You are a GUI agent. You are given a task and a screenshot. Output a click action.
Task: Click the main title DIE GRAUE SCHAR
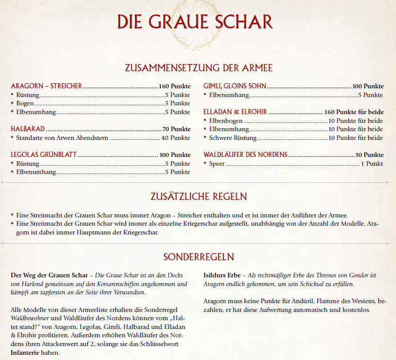194,22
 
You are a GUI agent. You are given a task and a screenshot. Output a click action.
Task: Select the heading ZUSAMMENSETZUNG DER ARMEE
199,68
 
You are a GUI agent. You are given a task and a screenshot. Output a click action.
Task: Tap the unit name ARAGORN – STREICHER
46,86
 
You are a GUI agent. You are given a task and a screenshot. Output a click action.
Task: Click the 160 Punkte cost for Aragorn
175,86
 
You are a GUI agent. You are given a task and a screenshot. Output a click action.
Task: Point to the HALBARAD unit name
27,129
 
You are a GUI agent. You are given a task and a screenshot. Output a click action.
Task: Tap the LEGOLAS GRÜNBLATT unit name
43,154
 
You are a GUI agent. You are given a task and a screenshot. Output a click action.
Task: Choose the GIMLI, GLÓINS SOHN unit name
235,86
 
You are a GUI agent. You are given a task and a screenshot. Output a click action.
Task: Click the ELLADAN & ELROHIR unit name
235,112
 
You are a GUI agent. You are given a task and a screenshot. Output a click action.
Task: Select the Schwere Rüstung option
233,138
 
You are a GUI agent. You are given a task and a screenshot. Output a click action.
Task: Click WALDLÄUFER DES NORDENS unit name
246,154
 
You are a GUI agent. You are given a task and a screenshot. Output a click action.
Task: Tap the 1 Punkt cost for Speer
372,164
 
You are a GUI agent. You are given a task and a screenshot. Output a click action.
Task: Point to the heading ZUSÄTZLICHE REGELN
199,196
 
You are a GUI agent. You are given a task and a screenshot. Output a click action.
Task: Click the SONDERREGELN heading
199,257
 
